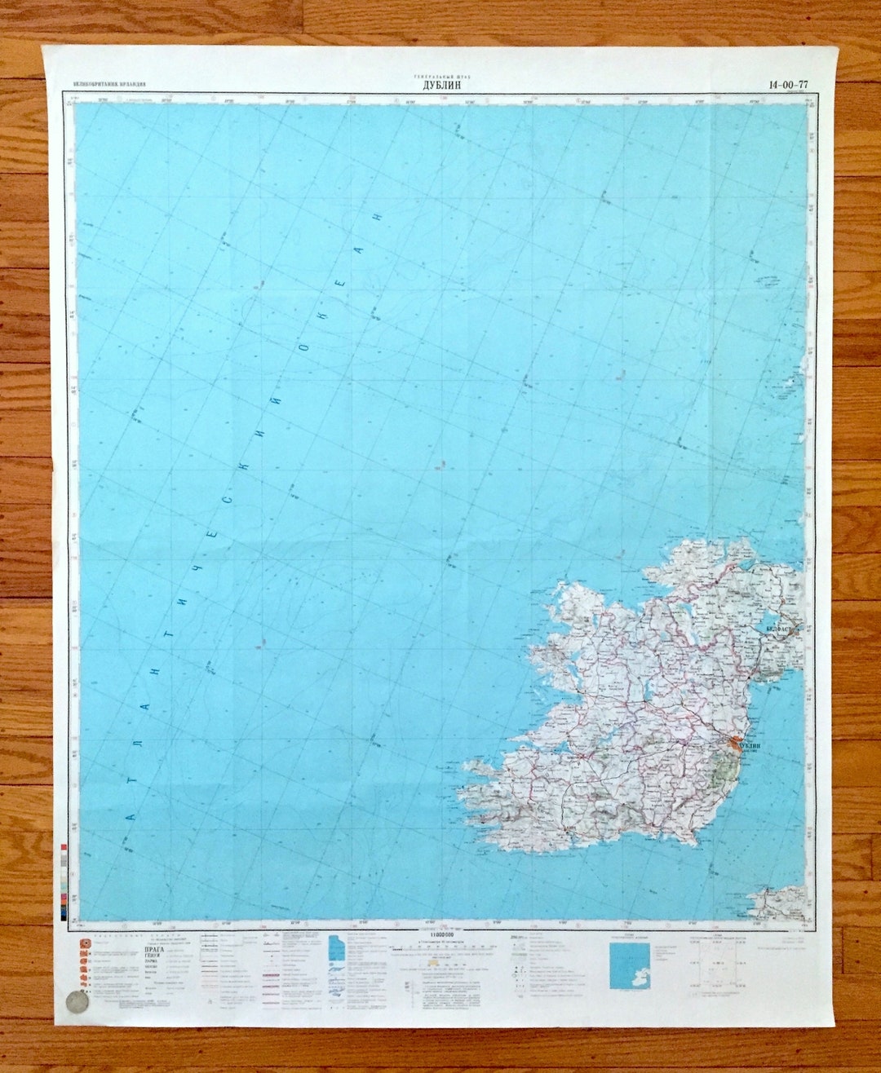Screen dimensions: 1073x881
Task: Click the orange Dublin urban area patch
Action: click(737, 744)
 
